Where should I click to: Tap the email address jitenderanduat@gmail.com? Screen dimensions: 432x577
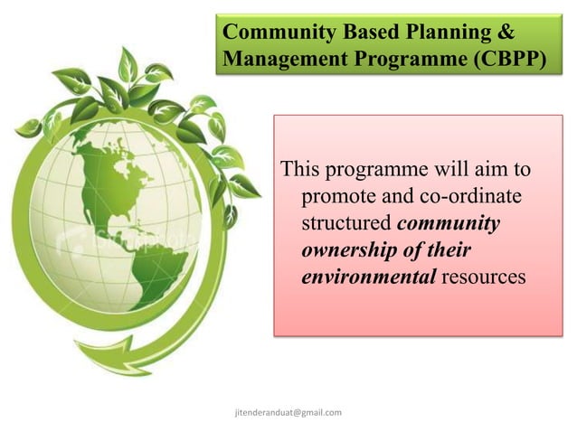click(x=288, y=412)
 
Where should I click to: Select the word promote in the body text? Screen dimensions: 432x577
click(x=336, y=196)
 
